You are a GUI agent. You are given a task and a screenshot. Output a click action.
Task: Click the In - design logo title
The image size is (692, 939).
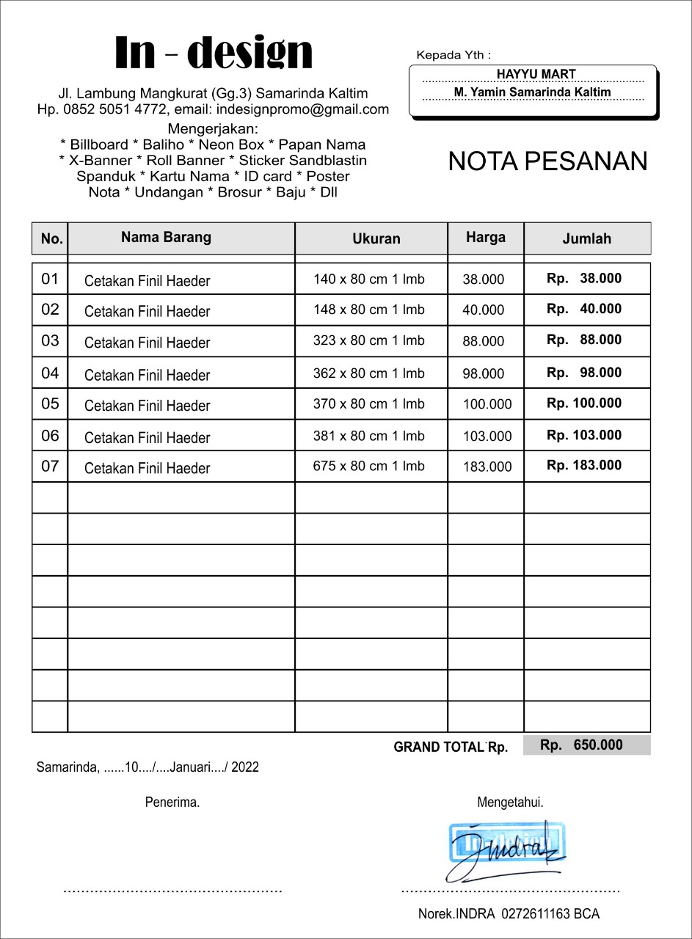[214, 53]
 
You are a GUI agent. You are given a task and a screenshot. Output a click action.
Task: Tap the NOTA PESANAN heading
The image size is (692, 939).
[547, 161]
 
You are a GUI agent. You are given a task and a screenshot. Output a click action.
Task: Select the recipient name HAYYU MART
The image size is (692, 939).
[536, 74]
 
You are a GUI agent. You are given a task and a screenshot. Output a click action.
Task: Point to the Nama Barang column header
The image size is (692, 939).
[166, 237]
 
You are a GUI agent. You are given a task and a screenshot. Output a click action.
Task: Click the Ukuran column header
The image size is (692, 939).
[376, 238]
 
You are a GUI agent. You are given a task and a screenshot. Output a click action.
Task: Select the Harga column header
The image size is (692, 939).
[486, 237]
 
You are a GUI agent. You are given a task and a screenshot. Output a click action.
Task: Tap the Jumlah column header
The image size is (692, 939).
[586, 238]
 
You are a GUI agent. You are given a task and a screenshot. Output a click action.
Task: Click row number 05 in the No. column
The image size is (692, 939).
[50, 404]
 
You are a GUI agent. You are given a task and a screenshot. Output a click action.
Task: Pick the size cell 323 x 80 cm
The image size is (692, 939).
[368, 340]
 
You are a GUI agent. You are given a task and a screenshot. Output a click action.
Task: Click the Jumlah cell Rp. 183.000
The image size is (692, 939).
[584, 465]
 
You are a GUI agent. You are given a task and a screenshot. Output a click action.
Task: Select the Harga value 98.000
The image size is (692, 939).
[484, 373]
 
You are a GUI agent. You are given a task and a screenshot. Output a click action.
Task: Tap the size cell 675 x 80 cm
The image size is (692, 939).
[368, 466]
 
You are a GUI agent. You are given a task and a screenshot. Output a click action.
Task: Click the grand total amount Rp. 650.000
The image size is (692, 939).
[582, 745]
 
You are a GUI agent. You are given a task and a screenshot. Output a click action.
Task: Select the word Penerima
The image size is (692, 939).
[172, 803]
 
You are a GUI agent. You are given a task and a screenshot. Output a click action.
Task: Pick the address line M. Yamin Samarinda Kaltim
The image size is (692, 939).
[532, 92]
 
